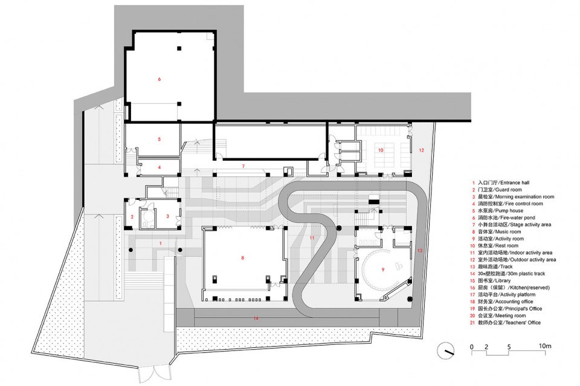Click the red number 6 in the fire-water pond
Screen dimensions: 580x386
(x=159, y=79)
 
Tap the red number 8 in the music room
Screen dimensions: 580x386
(x=243, y=258)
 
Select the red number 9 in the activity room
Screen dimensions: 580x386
(x=383, y=269)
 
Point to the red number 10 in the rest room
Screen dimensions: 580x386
(x=381, y=150)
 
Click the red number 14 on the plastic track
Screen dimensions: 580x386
(x=256, y=318)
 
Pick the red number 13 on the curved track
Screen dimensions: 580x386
(x=420, y=251)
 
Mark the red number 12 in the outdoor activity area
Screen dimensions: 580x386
(x=421, y=150)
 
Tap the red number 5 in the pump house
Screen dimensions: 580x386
(x=159, y=140)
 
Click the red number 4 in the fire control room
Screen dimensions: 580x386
(x=159, y=167)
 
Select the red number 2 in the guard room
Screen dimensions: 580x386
(x=132, y=217)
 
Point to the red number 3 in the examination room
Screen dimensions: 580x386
(x=167, y=216)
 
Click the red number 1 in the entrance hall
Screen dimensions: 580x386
(x=161, y=243)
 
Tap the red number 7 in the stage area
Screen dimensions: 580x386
(x=243, y=166)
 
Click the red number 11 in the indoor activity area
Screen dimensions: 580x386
(x=312, y=238)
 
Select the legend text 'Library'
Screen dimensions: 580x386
(x=503, y=281)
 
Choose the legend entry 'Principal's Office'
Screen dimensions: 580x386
(x=518, y=309)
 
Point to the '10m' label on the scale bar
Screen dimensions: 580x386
(x=544, y=346)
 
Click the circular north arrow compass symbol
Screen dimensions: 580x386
(x=445, y=351)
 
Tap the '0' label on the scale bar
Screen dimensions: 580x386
(x=472, y=347)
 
